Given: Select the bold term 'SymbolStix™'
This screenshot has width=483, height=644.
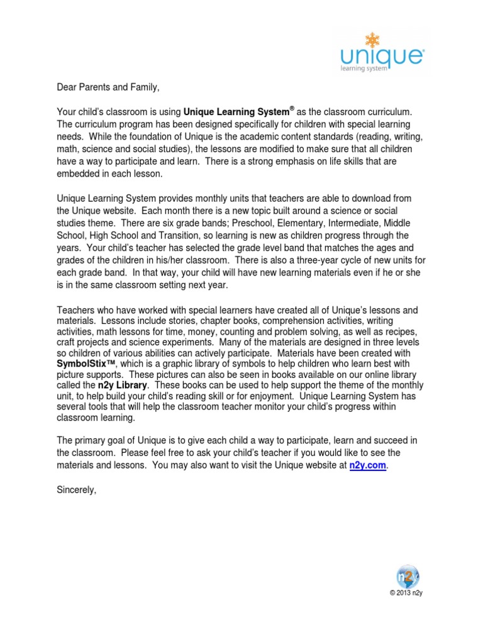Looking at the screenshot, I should pos(84,364).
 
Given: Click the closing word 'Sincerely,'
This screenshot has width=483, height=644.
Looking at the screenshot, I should pos(77,491).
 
